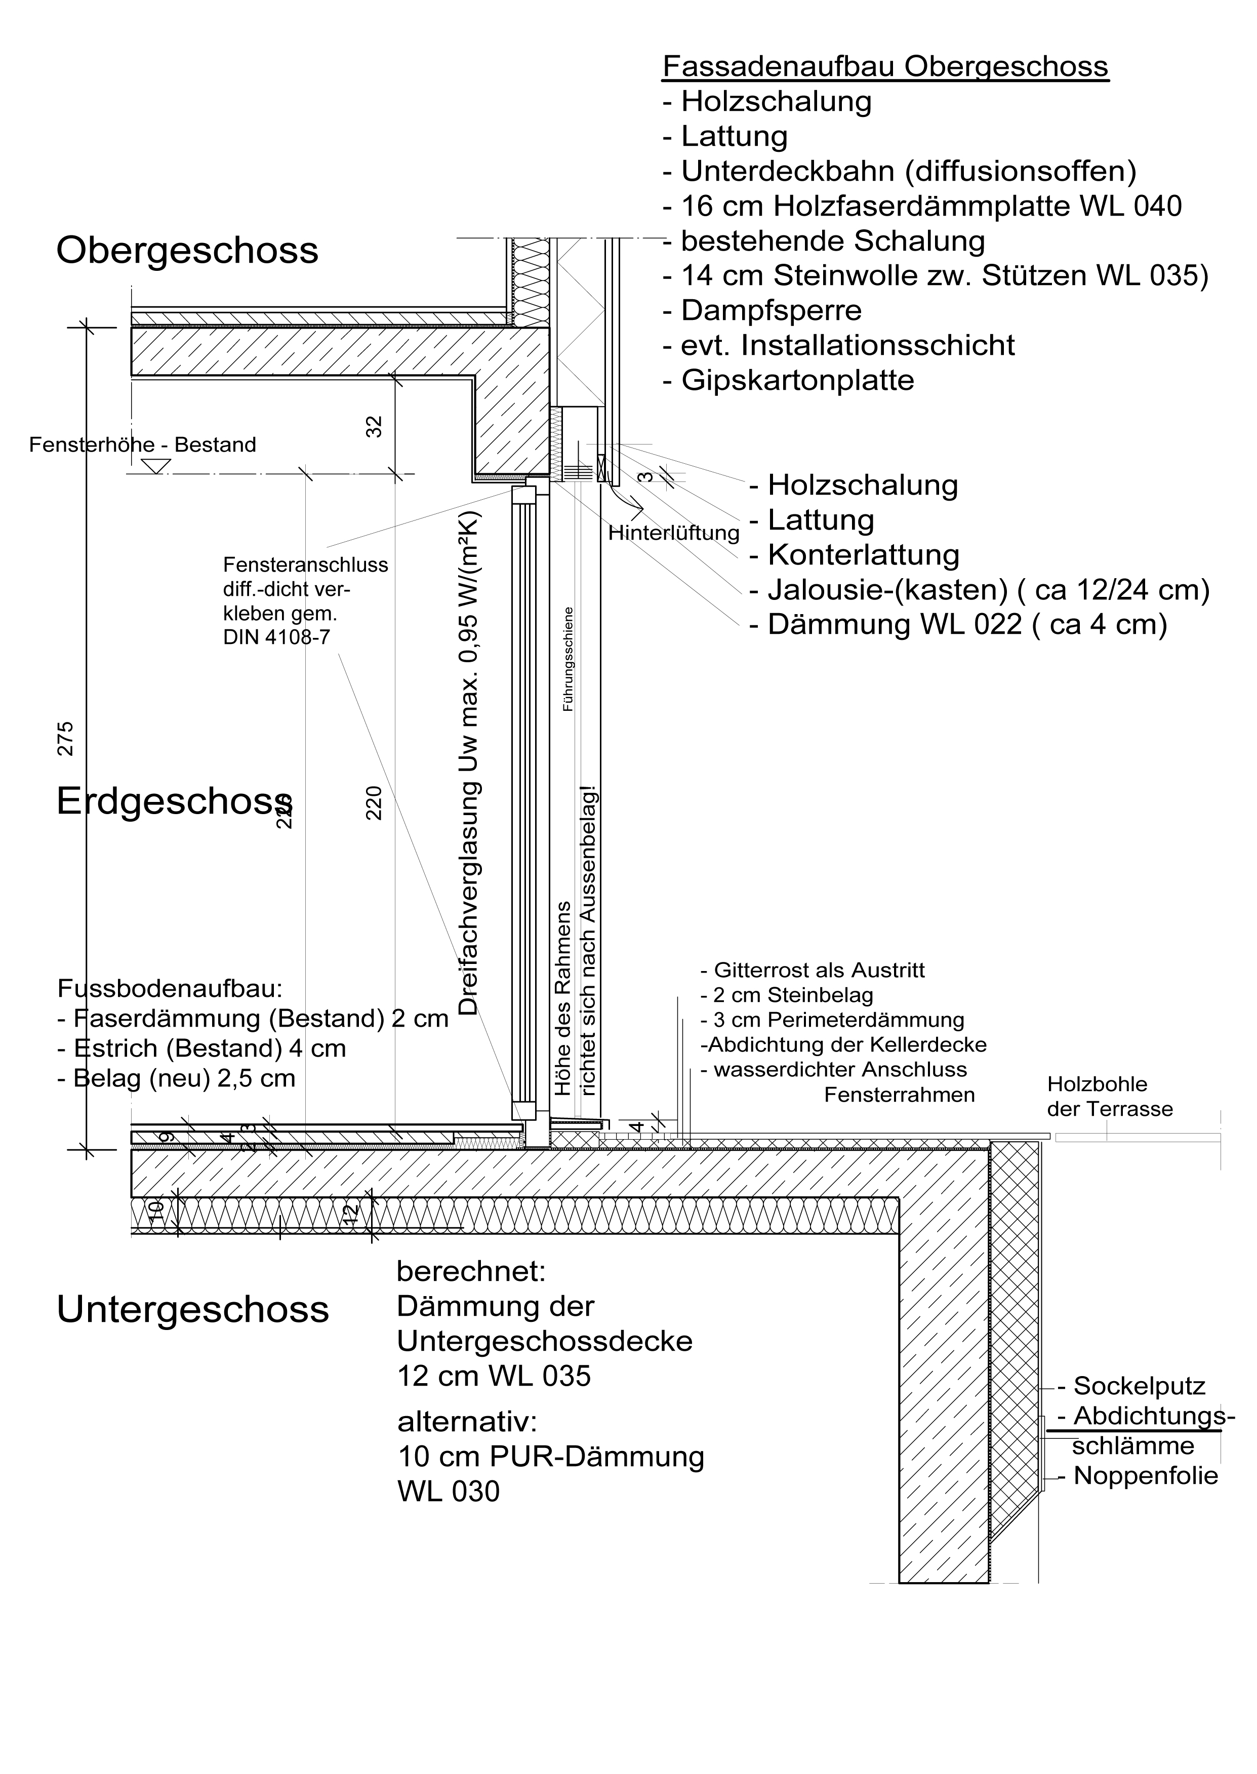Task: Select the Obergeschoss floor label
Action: (x=187, y=251)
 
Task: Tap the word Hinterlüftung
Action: (x=673, y=533)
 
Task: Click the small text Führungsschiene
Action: (x=569, y=659)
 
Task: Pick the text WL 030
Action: (x=449, y=1490)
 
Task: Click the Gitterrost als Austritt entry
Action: (x=813, y=971)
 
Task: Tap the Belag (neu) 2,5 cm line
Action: (x=177, y=1078)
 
